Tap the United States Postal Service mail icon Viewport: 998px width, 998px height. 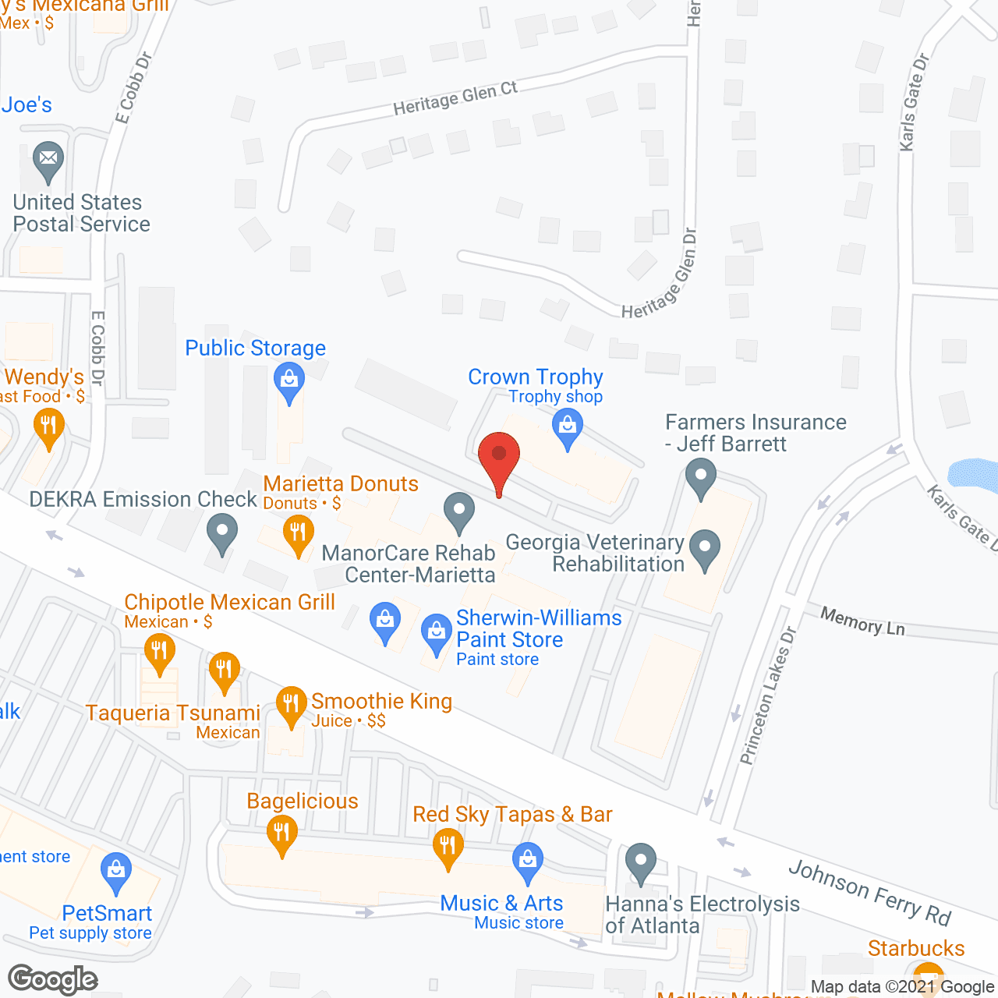(x=48, y=160)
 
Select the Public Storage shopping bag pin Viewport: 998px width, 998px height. (x=289, y=382)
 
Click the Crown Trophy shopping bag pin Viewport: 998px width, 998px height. (x=568, y=427)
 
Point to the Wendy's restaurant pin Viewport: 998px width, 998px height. (x=48, y=427)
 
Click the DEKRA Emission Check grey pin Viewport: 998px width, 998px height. (x=222, y=533)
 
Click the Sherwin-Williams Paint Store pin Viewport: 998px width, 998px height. (x=437, y=632)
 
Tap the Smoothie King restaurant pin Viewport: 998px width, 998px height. (x=291, y=705)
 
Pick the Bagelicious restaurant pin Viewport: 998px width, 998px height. (x=282, y=833)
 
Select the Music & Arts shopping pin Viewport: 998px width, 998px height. (x=528, y=861)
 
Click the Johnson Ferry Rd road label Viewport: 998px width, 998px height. (x=869, y=892)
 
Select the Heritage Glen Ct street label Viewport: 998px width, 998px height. (x=455, y=99)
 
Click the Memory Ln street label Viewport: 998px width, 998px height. (x=862, y=621)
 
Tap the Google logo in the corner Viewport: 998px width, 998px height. (x=53, y=979)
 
